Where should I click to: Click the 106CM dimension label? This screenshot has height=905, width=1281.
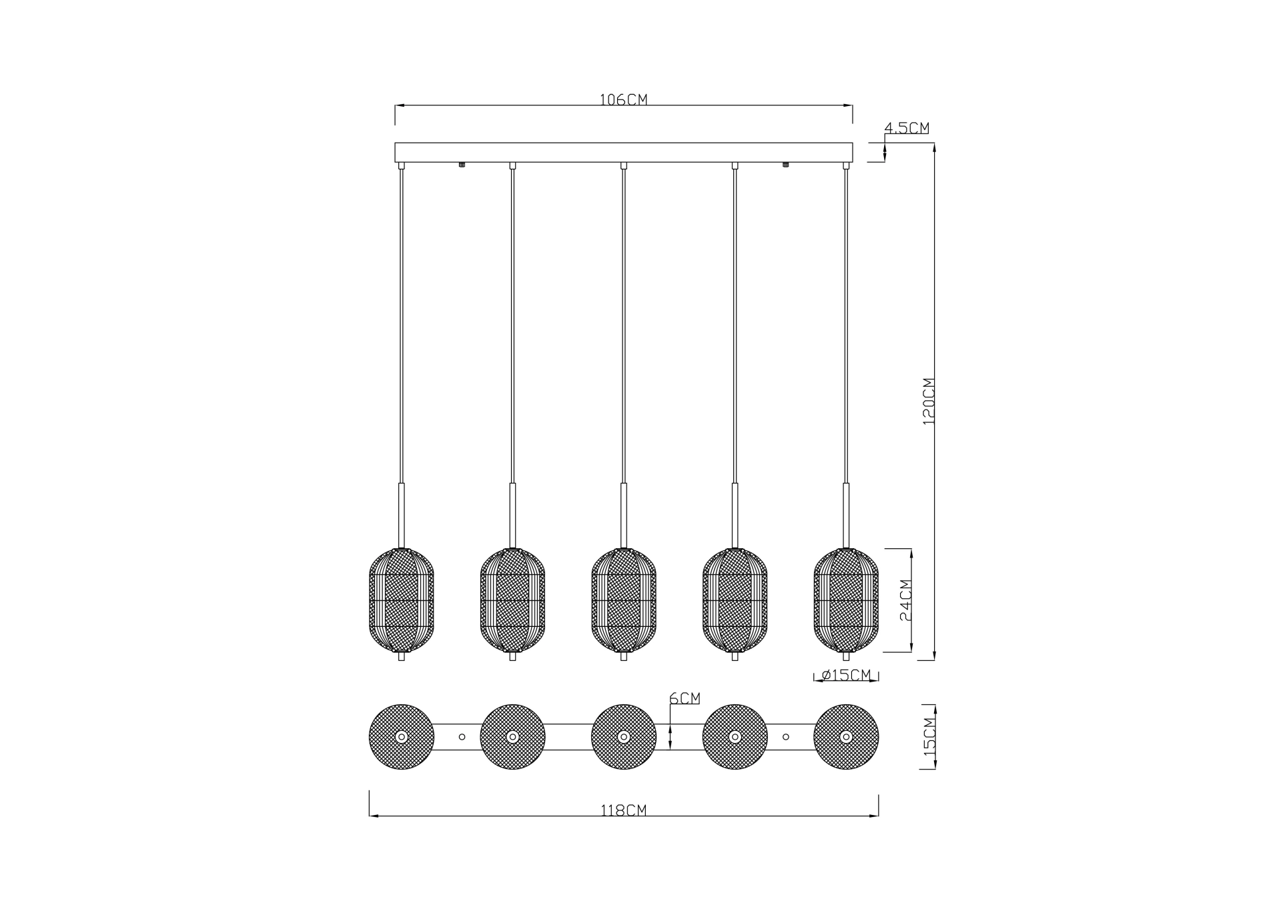tap(623, 99)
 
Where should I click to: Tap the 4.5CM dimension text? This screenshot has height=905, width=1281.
tap(907, 127)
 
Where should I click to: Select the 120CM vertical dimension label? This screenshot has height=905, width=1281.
tap(929, 401)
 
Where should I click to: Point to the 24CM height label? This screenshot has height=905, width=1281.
tap(905, 600)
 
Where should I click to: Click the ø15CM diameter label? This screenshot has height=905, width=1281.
tap(846, 675)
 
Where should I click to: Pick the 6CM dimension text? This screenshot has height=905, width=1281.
tap(685, 698)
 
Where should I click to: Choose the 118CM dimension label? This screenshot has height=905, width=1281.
tap(623, 811)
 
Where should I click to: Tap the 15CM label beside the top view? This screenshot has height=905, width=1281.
tap(929, 736)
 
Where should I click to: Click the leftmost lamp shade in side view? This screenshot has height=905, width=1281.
tap(401, 600)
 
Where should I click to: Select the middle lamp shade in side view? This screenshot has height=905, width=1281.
tap(624, 600)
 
